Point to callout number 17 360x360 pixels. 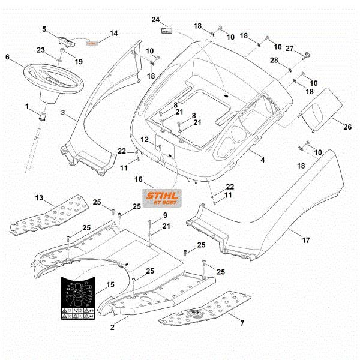click(x=305, y=240)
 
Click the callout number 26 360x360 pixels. click(x=331, y=127)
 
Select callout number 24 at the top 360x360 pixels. click(x=155, y=19)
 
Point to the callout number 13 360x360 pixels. click(x=39, y=197)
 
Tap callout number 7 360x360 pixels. click(x=242, y=323)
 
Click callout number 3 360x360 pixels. click(x=63, y=112)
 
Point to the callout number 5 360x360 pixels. click(x=44, y=28)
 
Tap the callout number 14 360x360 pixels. click(x=113, y=33)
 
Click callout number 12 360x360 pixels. click(x=144, y=139)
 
